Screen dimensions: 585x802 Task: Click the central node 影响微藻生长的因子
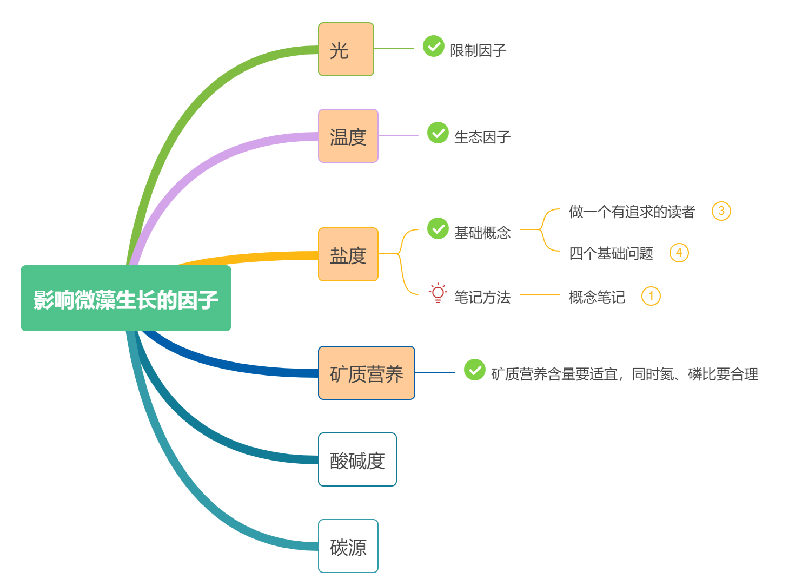pyautogui.click(x=125, y=298)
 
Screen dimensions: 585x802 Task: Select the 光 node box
pyautogui.click(x=346, y=49)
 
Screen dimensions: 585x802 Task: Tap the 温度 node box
pyautogui.click(x=348, y=136)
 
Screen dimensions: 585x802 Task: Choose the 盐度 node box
pyautogui.click(x=348, y=254)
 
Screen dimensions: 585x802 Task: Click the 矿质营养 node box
pyautogui.click(x=367, y=373)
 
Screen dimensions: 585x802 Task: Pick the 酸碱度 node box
pyautogui.click(x=357, y=459)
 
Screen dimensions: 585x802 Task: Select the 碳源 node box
pyautogui.click(x=348, y=546)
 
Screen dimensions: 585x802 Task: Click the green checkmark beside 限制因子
pyautogui.click(x=433, y=47)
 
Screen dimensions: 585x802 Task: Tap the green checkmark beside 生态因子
pyautogui.click(x=438, y=133)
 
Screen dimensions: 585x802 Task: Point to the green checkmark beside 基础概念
pyautogui.click(x=438, y=228)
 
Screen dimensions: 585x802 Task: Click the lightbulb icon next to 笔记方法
pyautogui.click(x=438, y=293)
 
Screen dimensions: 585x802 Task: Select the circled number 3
pyautogui.click(x=721, y=211)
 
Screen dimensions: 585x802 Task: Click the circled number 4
pyautogui.click(x=679, y=253)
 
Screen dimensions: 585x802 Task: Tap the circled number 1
pyautogui.click(x=651, y=296)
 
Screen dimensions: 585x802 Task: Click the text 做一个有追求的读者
pyautogui.click(x=632, y=212)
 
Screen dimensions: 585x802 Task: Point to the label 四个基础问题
pyautogui.click(x=611, y=253)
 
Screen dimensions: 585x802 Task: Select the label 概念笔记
pyautogui.click(x=597, y=297)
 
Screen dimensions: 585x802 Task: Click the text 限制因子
pyautogui.click(x=478, y=50)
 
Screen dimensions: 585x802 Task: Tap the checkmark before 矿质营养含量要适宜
pyautogui.click(x=474, y=370)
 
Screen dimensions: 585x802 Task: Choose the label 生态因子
pyautogui.click(x=482, y=137)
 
